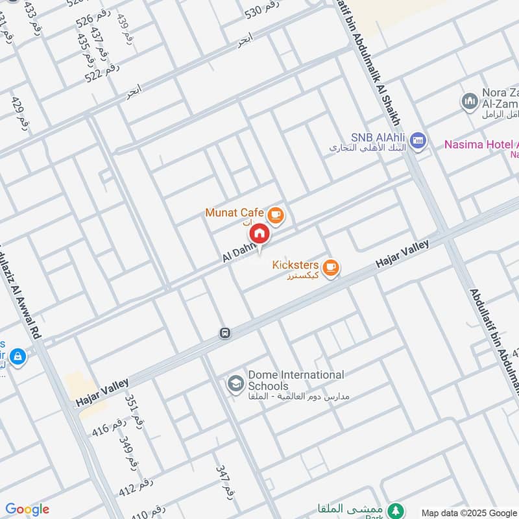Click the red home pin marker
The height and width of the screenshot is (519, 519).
coord(259,234)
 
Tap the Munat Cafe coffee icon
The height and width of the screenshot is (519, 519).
coord(276,214)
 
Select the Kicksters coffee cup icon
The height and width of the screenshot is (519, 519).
coord(331,267)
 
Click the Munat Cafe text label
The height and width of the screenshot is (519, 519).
coord(234,213)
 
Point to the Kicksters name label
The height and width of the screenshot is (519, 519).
coord(295,265)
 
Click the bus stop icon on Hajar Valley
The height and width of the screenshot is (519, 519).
coord(224,333)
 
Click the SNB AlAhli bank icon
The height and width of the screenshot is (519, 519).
coord(419,141)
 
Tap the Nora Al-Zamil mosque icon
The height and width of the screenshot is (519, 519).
coord(469,102)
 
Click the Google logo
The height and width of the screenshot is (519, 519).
coord(27,509)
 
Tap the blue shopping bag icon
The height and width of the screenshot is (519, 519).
coord(18,356)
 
